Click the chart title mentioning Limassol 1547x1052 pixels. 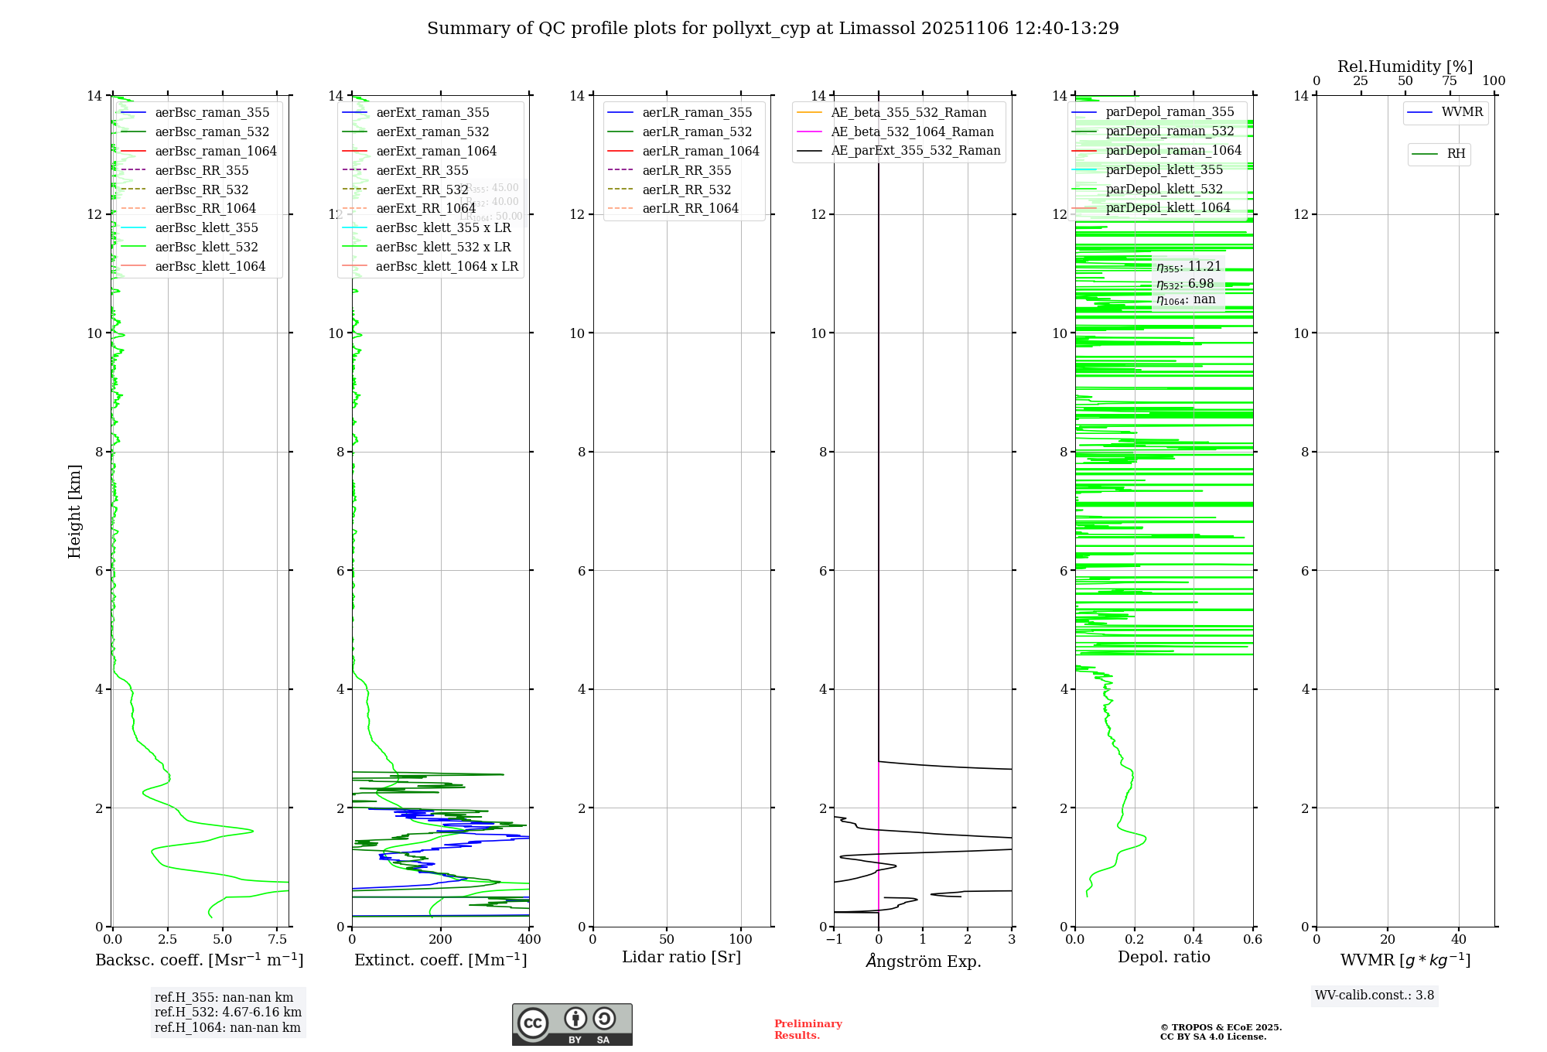point(773,29)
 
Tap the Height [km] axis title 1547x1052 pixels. point(74,511)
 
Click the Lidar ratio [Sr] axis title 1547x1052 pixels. point(681,957)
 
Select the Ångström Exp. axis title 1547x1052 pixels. point(923,961)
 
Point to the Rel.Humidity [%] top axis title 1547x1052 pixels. point(1405,67)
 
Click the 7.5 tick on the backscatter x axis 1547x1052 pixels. point(277,940)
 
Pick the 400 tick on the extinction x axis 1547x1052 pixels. point(529,940)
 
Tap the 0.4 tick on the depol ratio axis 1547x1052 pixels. point(1194,940)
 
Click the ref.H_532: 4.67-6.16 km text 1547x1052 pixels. point(227,1013)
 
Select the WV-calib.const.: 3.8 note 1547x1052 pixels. point(1375,996)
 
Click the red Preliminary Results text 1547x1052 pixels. point(808,1030)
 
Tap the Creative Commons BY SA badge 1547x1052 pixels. point(572,1025)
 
